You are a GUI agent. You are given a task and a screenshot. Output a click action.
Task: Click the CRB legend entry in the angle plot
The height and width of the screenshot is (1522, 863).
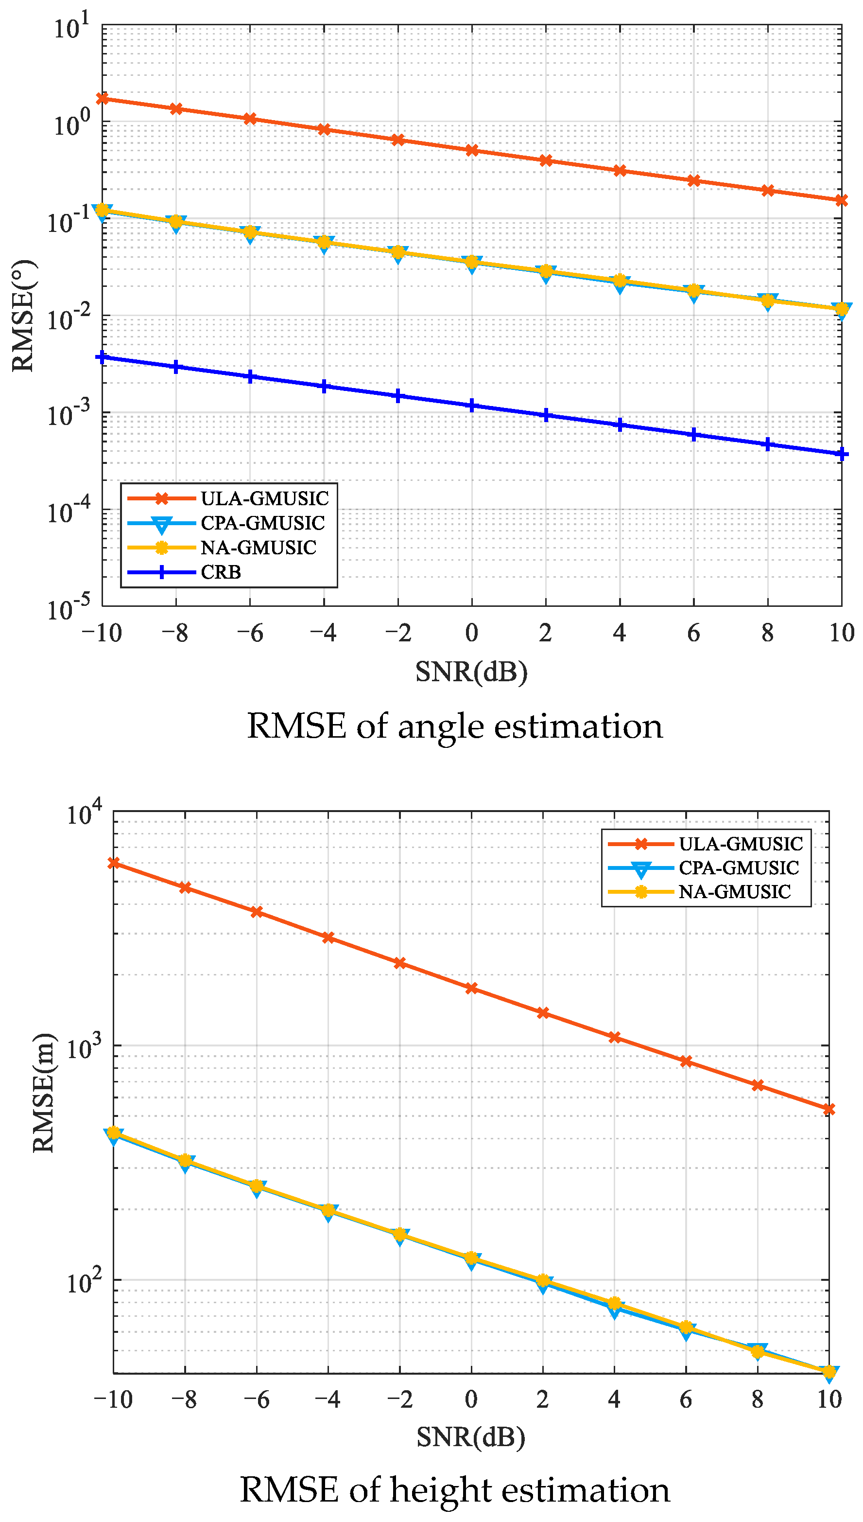coord(221,572)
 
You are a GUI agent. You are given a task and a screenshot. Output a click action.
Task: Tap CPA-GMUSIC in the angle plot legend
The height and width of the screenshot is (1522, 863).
coord(262,523)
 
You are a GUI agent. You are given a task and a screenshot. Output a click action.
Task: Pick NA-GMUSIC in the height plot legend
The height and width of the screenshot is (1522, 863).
coord(734,891)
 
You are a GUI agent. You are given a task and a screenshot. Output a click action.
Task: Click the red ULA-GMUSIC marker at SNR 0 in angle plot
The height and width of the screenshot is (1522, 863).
coord(472,151)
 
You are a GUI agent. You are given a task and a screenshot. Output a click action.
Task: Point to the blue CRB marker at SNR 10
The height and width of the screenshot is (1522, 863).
coord(841,454)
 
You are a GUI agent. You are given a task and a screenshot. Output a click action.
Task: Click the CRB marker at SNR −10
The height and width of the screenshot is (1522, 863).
coord(102,357)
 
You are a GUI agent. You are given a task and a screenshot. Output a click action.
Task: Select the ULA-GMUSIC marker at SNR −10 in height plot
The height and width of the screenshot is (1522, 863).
coord(113,863)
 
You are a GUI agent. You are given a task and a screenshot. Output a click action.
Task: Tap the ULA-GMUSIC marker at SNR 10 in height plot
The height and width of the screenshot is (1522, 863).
coord(829,1109)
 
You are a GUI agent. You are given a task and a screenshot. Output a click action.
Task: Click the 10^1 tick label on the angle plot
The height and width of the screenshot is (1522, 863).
coord(71,27)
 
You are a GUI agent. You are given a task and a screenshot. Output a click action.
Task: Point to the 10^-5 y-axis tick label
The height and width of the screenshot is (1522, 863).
coord(69,608)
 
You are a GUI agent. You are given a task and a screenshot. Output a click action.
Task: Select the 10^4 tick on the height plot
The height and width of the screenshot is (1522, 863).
coord(84,813)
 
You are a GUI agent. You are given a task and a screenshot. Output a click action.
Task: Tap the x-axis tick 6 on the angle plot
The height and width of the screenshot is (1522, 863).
coord(693,633)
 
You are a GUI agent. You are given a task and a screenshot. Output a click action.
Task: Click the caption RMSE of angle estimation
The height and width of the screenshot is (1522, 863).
coord(455,726)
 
